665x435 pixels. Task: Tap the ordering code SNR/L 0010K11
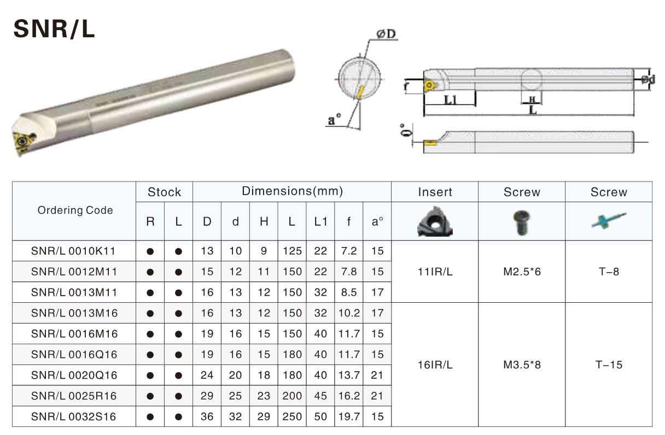coord(74,251)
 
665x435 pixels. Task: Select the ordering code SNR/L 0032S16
coord(74,416)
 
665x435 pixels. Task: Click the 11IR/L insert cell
coord(435,272)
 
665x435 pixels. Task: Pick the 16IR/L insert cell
coord(435,365)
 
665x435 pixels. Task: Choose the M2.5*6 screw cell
coord(522,272)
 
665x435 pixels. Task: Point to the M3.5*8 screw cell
coord(522,365)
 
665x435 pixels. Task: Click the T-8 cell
coord(609,272)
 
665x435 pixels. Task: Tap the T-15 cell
coord(609,365)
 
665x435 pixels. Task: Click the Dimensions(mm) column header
coord(292,191)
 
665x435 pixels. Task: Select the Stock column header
coord(164,192)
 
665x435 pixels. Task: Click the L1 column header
coord(320,222)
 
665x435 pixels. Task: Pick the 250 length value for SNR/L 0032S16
coord(292,416)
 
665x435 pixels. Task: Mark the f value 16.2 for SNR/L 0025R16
coord(349,396)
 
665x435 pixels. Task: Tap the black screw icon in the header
coord(521,222)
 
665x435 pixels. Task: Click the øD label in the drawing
coord(386,34)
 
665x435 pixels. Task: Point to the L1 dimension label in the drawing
coord(451,100)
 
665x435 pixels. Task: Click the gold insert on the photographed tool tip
coord(23,140)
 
